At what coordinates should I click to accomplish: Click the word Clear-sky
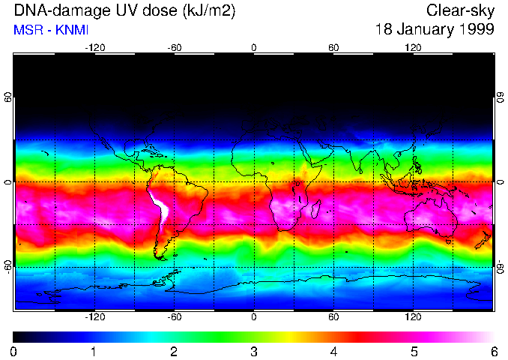(x=460, y=10)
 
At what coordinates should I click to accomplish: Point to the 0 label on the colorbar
(x=13, y=351)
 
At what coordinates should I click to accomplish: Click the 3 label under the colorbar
(x=253, y=351)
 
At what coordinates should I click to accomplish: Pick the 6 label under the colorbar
(x=493, y=351)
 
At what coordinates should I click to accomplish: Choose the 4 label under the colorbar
(x=333, y=351)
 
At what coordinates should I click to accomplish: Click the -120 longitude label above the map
(x=94, y=47)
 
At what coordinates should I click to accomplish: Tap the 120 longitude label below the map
(x=413, y=316)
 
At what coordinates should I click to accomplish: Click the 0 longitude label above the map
(x=254, y=47)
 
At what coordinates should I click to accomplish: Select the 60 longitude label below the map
(x=333, y=316)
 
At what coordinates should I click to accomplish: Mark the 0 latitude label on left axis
(x=7, y=182)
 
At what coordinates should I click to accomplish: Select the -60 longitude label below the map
(x=174, y=316)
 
